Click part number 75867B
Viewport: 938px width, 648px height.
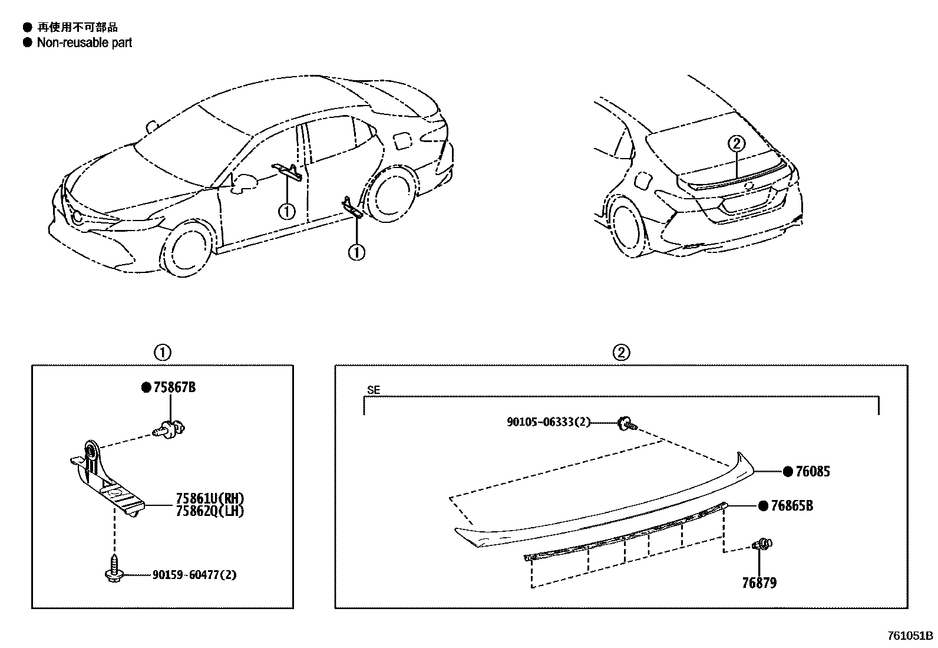(x=174, y=387)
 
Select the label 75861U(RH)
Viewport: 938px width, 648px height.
(x=209, y=498)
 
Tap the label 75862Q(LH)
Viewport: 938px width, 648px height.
(x=209, y=511)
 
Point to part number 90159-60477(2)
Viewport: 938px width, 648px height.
(x=194, y=574)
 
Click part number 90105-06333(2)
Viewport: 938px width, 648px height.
(x=548, y=422)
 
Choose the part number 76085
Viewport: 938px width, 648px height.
(x=813, y=471)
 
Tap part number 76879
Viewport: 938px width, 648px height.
(x=759, y=583)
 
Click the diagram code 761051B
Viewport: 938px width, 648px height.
(x=910, y=636)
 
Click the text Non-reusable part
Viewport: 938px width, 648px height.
(x=84, y=42)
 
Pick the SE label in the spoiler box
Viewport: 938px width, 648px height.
(x=374, y=390)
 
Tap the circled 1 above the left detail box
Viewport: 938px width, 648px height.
(x=162, y=353)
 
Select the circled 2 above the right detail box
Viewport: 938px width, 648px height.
(x=621, y=353)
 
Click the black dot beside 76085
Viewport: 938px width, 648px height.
(x=788, y=471)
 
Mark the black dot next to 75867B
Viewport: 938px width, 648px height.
(x=146, y=387)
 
